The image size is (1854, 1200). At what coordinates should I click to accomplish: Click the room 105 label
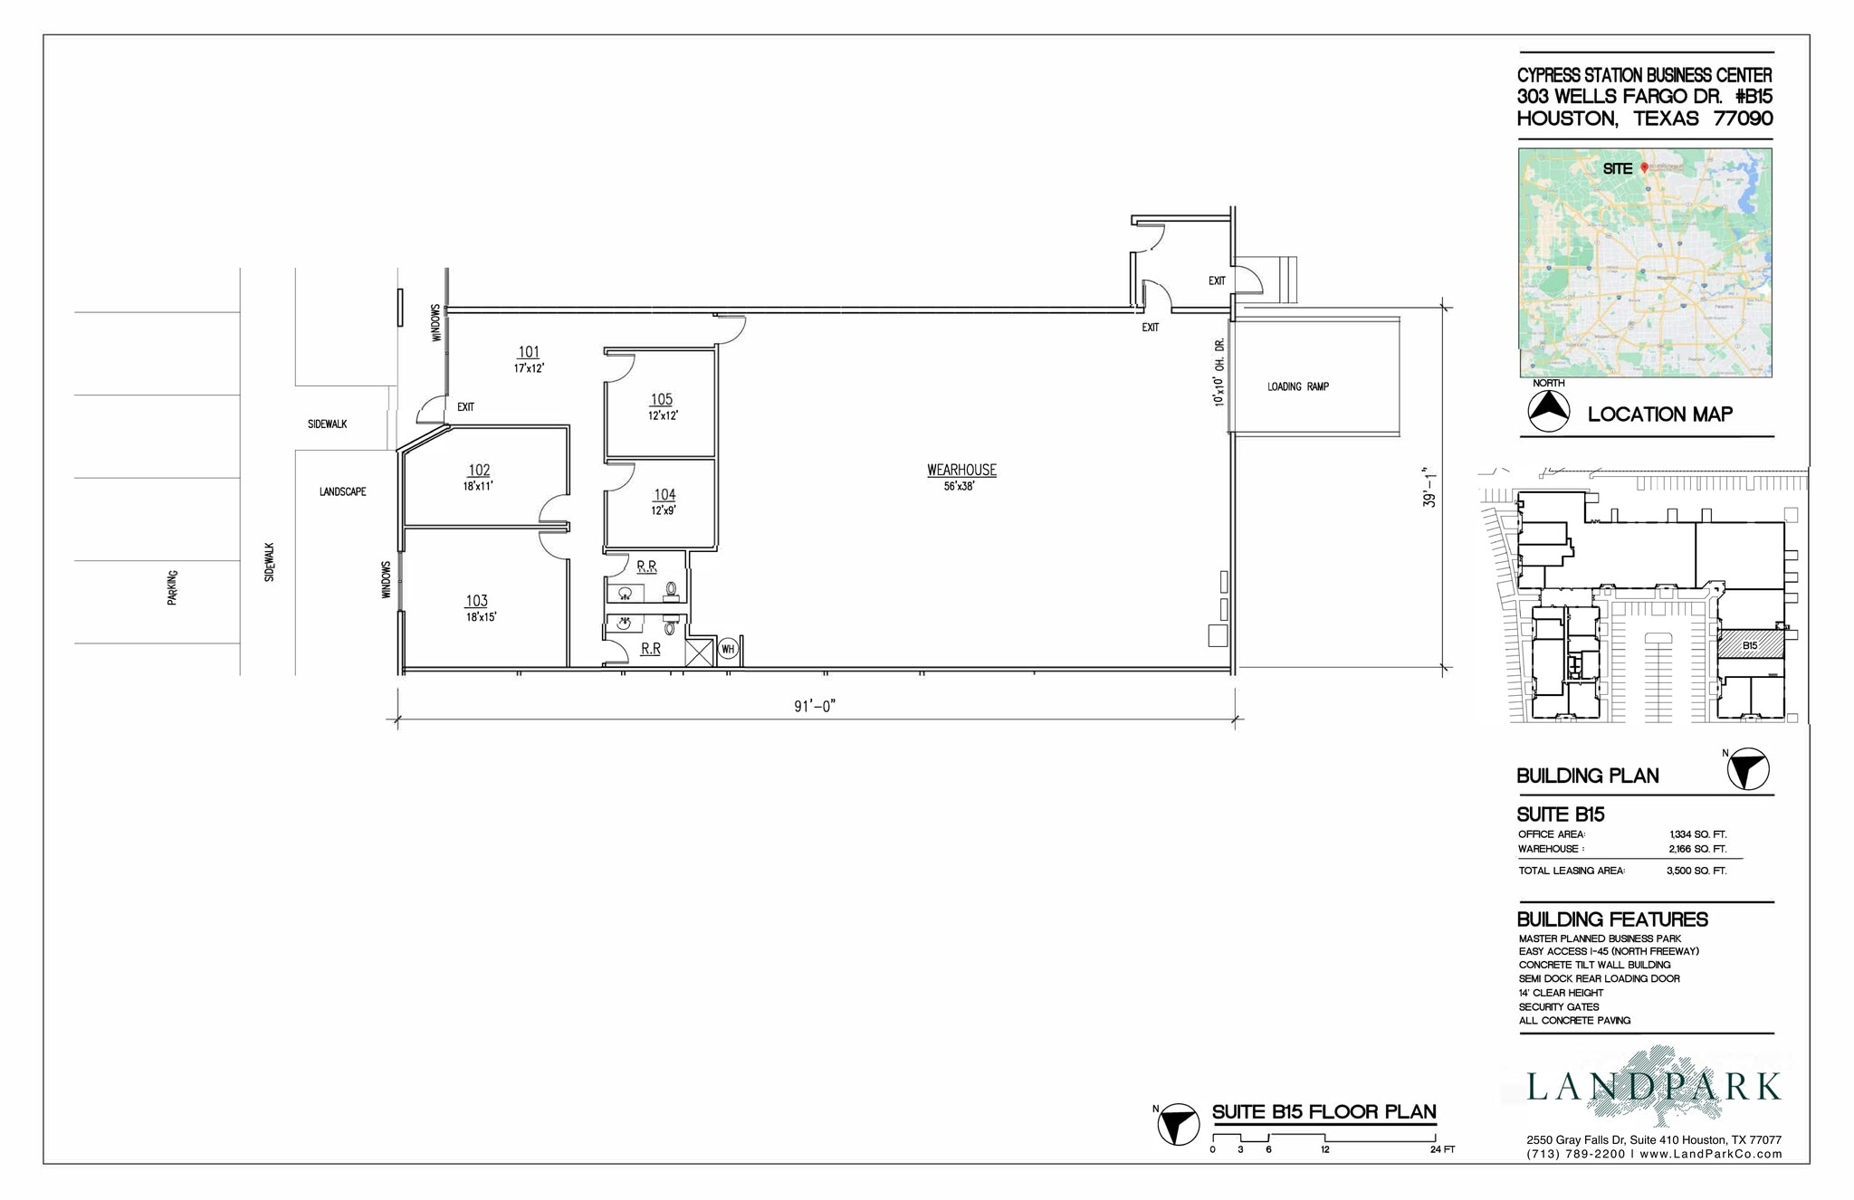(661, 399)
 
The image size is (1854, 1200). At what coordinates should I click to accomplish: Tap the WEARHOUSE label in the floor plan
(961, 470)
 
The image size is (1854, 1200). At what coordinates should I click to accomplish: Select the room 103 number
(477, 601)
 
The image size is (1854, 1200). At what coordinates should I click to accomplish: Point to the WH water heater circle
(728, 649)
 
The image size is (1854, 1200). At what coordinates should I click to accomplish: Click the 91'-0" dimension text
(814, 706)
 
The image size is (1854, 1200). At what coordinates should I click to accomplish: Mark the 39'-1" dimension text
(1429, 487)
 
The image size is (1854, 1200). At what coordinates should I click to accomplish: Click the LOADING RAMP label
(1297, 386)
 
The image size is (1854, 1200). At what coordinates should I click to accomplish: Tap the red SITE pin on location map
(1645, 167)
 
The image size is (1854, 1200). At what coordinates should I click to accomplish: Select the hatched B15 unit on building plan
(1751, 644)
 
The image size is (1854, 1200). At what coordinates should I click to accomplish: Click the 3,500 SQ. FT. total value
(1696, 871)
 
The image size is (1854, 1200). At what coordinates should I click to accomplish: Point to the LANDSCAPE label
(342, 491)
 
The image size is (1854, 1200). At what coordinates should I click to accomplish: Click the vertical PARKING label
(173, 587)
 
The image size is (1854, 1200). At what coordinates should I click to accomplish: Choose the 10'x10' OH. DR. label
(1219, 372)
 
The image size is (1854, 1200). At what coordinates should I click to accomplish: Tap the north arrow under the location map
(1549, 411)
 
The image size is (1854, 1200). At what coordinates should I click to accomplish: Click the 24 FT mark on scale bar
(1441, 1149)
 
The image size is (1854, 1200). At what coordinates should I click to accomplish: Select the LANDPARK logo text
(1653, 1087)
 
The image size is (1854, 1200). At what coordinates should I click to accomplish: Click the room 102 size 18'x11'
(478, 486)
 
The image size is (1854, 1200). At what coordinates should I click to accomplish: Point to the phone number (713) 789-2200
(1575, 1154)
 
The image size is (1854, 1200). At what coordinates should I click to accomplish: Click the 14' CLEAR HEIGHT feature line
(1561, 993)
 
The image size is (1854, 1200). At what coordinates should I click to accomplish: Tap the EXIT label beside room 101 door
(465, 407)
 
